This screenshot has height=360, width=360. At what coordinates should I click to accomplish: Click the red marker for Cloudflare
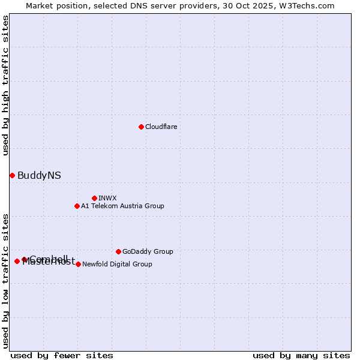click(x=141, y=127)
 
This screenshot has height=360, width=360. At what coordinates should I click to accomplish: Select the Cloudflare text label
click(x=161, y=127)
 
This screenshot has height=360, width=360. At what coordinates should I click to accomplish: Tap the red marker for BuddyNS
click(x=12, y=175)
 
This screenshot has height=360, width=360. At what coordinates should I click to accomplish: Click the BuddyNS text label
click(x=39, y=176)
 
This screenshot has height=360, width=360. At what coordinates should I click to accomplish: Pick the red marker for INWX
click(x=94, y=198)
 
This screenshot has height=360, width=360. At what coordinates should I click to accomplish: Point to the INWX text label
click(x=107, y=199)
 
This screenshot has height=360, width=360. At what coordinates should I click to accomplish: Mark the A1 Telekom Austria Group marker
click(x=77, y=206)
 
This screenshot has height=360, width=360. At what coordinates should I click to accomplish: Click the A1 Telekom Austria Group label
click(x=122, y=206)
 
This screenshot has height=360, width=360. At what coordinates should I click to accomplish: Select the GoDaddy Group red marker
click(x=118, y=251)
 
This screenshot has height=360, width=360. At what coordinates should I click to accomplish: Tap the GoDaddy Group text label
click(x=148, y=252)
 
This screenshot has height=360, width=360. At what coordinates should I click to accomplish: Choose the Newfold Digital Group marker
click(x=78, y=264)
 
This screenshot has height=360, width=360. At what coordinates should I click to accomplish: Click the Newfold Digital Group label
click(x=117, y=265)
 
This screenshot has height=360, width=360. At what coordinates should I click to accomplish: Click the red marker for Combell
click(x=25, y=259)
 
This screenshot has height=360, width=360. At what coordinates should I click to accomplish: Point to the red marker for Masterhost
click(x=17, y=261)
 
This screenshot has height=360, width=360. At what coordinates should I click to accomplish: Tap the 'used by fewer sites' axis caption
click(x=62, y=355)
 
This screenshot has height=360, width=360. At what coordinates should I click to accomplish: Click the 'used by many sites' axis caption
click(x=301, y=355)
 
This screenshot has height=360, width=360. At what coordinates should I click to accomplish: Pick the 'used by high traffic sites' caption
click(x=5, y=86)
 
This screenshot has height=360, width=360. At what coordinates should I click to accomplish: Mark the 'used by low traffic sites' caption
click(x=5, y=281)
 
